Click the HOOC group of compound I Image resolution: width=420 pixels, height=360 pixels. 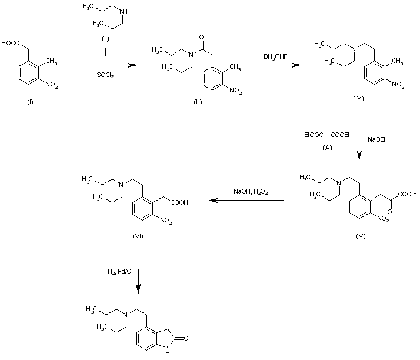[x=12, y=43]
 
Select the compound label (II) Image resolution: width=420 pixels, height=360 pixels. [x=106, y=40]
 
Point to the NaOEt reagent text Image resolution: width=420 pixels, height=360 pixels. [x=377, y=140]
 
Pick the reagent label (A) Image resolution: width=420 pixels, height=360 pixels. [x=327, y=148]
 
